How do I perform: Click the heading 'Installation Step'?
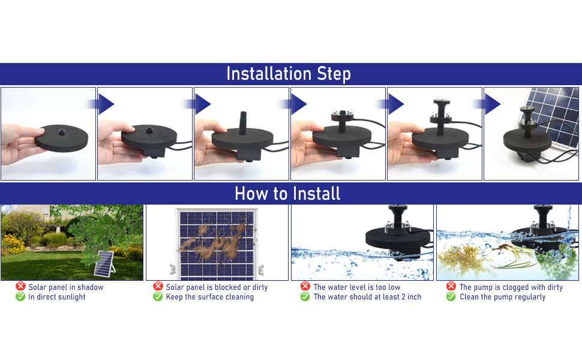(289, 74)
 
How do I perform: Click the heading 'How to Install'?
(287, 193)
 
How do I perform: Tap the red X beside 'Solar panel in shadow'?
(21, 287)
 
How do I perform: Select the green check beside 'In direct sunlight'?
(21, 296)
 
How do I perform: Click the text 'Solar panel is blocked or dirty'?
(217, 287)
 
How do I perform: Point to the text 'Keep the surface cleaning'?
(209, 296)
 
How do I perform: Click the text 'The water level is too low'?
(356, 287)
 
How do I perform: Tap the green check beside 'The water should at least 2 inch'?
(305, 296)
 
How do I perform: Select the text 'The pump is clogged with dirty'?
(511, 287)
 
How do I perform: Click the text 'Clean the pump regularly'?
(502, 296)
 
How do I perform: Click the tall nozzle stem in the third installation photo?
(243, 119)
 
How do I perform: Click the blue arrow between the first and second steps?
(106, 104)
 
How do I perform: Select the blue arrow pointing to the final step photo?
(492, 104)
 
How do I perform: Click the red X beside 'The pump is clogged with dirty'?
(451, 287)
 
